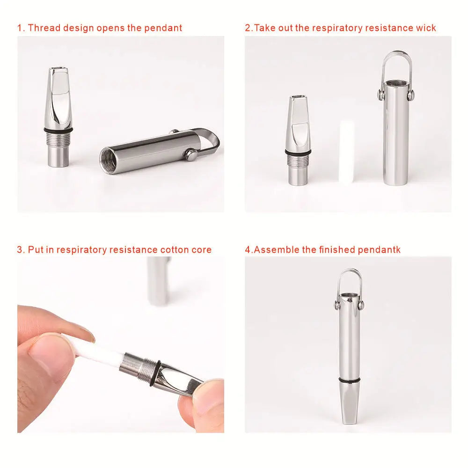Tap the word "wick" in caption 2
click(425, 28)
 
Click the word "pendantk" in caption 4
click(380, 249)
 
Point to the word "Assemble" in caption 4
click(276, 249)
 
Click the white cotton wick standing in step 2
click(346, 151)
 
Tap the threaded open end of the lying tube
click(110, 160)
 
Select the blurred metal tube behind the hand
click(158, 281)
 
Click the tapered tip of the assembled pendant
click(350, 412)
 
